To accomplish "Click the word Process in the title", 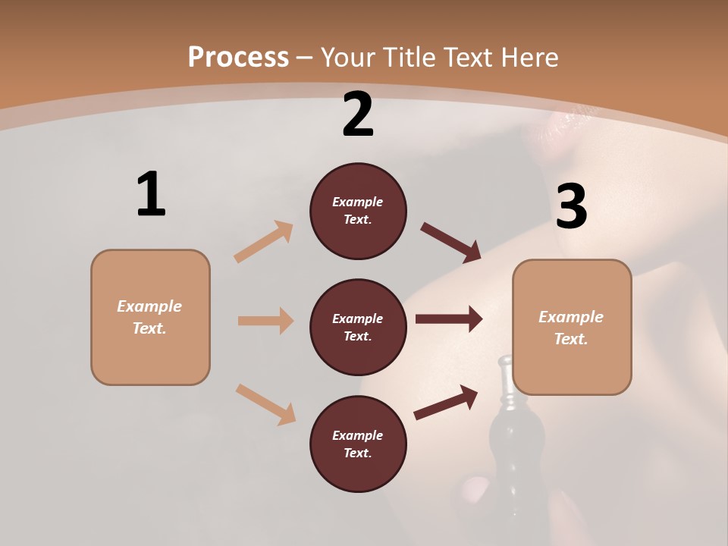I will [238, 57].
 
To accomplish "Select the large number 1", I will [150, 195].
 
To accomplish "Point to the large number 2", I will [358, 115].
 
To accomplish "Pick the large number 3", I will [571, 207].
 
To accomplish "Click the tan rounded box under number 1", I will [150, 317].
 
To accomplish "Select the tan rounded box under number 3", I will [572, 327].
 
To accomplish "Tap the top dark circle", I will [358, 211].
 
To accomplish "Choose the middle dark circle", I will [358, 327].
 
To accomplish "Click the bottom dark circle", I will [358, 444].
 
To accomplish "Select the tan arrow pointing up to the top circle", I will [264, 241].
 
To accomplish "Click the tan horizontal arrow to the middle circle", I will [265, 321].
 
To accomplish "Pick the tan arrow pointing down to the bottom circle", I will [265, 404].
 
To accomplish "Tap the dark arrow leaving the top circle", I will [450, 242].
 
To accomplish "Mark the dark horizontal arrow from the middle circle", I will [449, 319].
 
